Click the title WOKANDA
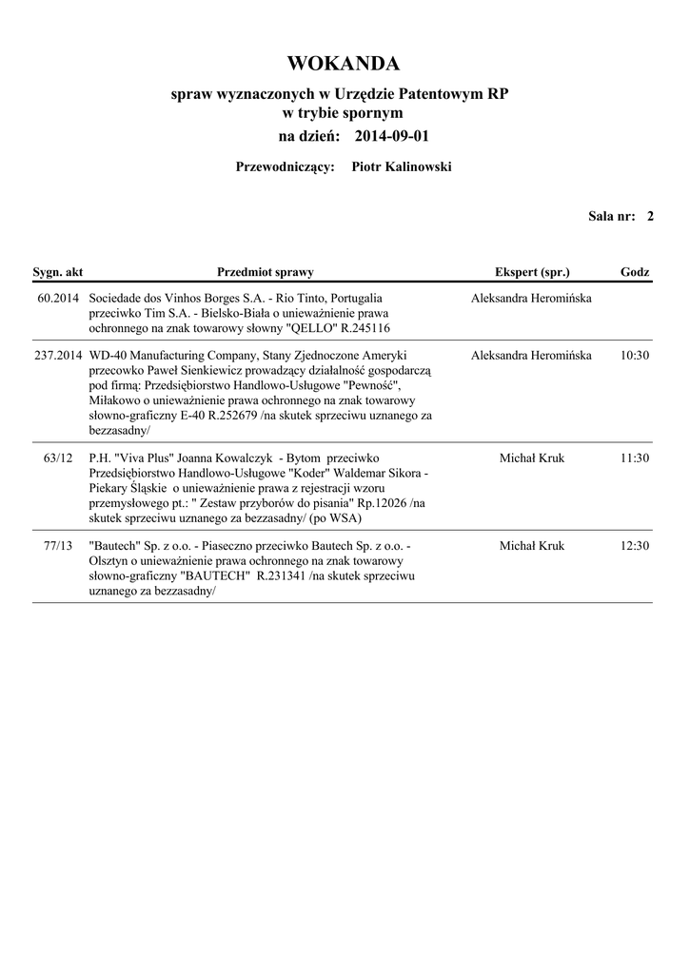coord(344,64)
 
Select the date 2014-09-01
coord(391,136)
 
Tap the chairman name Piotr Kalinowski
coord(402,167)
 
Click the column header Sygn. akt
coord(58,272)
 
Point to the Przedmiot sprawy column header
coord(266,272)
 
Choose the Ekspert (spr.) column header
coord(532,272)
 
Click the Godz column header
coord(635,272)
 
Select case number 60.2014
coord(59,298)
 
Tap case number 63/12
coord(59,458)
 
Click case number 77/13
coord(59,546)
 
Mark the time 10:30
coord(634,355)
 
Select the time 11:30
coord(634,458)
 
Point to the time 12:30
coord(634,546)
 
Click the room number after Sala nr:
coord(650,216)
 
